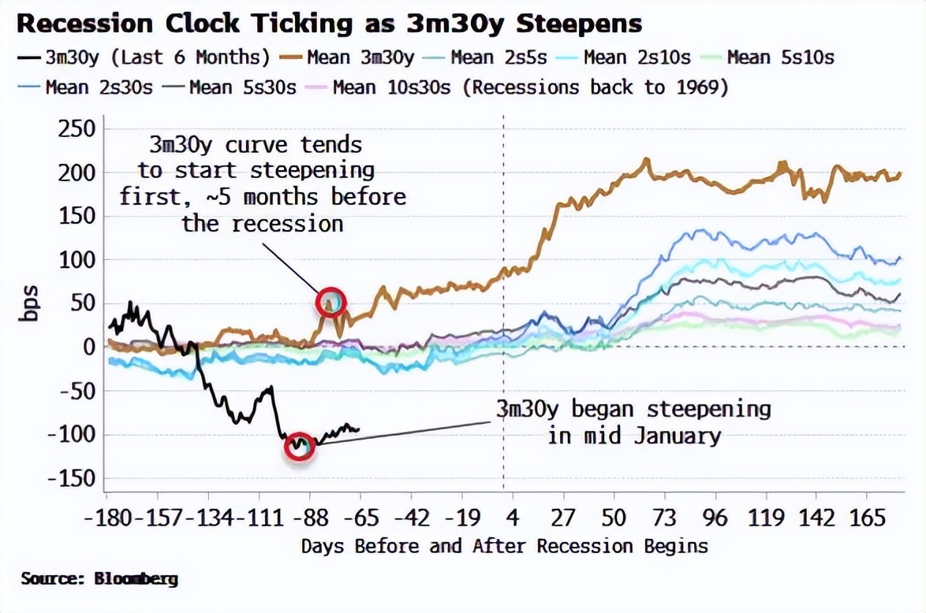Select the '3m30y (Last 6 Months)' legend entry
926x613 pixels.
tap(146, 57)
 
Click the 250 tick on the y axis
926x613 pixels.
tap(77, 129)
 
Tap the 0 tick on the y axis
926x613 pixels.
tap(88, 347)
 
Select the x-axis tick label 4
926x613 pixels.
tap(512, 518)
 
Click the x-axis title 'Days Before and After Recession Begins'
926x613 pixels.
tap(504, 546)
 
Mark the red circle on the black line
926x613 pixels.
tap(300, 446)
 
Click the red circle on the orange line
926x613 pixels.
tap(332, 302)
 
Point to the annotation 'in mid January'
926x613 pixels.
tap(634, 435)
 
